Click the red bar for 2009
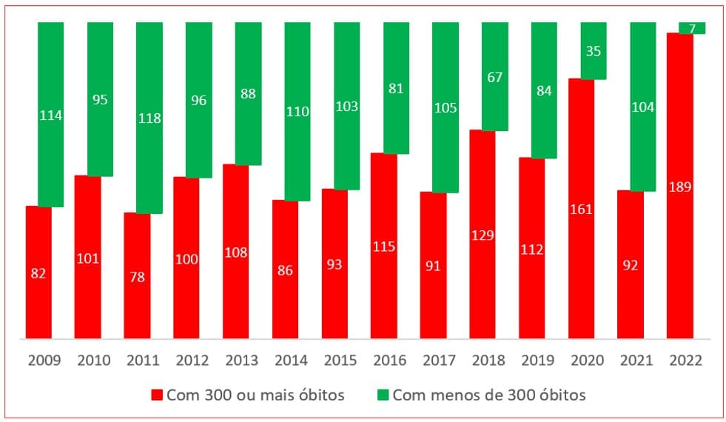pos(38,272)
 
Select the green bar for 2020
pos(594,50)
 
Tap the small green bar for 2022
pos(692,28)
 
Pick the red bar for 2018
pos(483,235)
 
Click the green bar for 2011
pos(149,118)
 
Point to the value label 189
pos(679,187)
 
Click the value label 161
pos(582,209)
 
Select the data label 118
pos(149,118)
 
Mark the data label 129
pos(483,235)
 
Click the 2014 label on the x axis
pos(291,361)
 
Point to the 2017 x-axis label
pos(439,361)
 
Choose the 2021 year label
pos(636,361)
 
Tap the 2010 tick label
pos(93,361)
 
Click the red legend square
pos(156,395)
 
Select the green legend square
pos(382,395)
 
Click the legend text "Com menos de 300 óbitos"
pos(489,395)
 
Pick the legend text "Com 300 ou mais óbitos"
pos(255,395)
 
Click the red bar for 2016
pos(384,246)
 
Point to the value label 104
pos(642,107)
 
